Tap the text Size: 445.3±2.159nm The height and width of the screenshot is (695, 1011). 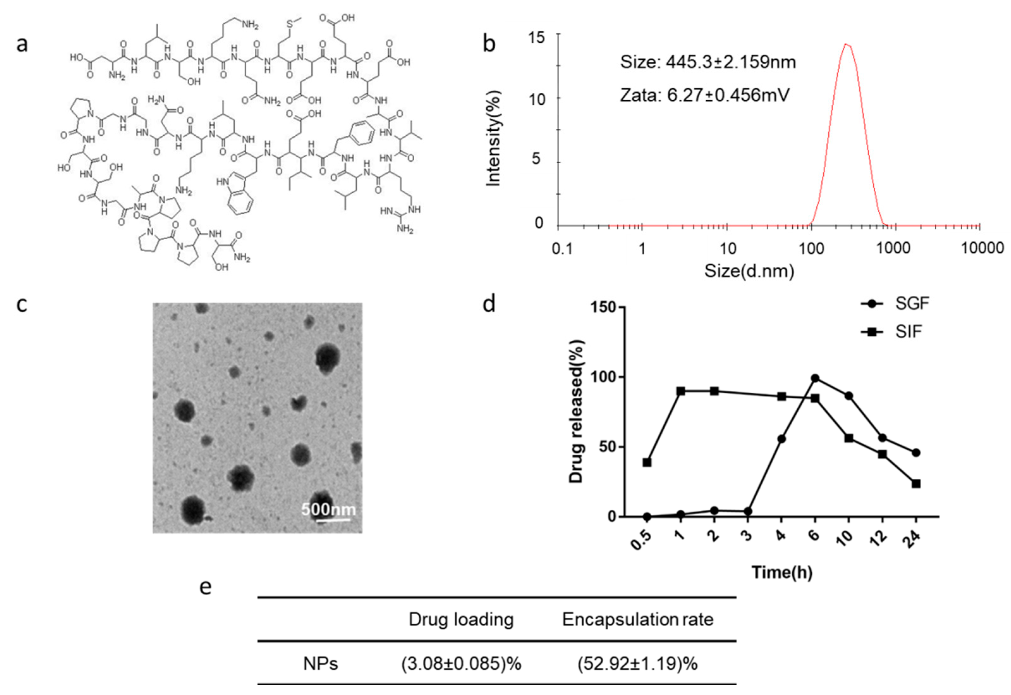(708, 62)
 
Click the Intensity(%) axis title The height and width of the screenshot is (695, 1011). (493, 139)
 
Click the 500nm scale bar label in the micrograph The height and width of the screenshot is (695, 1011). (328, 509)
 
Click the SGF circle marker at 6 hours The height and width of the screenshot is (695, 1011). (815, 378)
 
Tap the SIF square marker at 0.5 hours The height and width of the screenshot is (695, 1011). (647, 462)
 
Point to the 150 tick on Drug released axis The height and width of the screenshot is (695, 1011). (602, 307)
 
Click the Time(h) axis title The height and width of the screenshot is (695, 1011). (782, 572)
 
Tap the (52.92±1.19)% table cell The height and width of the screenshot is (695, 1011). (637, 664)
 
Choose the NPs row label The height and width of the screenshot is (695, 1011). (320, 664)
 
